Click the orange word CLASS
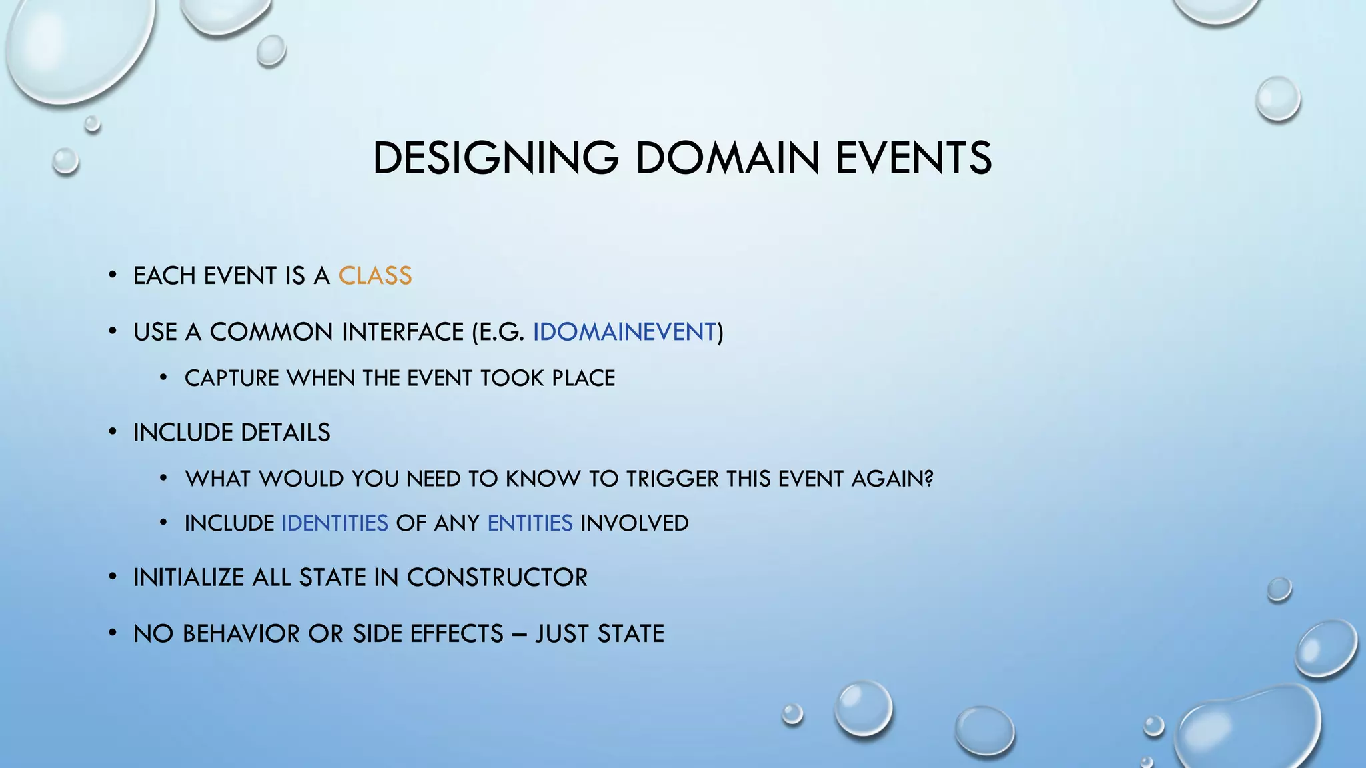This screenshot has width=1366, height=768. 375,276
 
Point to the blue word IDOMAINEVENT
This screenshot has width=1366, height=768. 624,332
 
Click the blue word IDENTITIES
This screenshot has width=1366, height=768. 335,523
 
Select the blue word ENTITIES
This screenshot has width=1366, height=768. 530,523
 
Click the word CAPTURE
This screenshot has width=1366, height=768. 232,379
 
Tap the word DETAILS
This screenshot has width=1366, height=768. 285,433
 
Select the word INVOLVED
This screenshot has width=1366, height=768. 634,523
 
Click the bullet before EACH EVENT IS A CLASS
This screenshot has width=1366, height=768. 113,275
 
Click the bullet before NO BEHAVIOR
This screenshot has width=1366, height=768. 113,633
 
